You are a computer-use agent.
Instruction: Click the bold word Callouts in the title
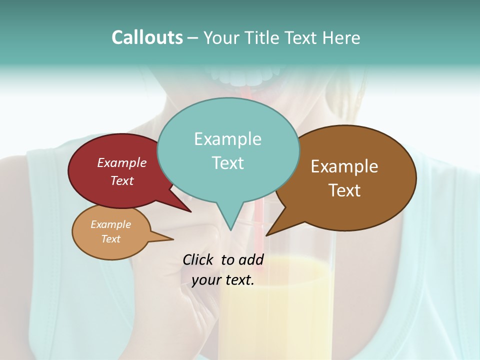click(x=147, y=37)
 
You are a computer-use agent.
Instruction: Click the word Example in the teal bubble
click(x=227, y=139)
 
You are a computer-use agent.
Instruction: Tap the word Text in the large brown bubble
click(x=345, y=190)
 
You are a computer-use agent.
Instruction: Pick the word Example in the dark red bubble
click(x=122, y=162)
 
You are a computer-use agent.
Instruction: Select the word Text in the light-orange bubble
click(x=110, y=239)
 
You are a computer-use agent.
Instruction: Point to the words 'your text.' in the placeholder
click(x=223, y=280)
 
